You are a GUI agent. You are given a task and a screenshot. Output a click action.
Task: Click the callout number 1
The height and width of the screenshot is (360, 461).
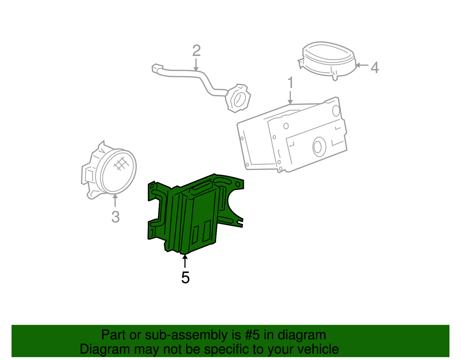290,83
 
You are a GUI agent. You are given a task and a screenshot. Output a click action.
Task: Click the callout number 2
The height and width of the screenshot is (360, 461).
196,50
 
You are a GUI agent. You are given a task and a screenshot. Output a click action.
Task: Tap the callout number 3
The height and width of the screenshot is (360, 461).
115,217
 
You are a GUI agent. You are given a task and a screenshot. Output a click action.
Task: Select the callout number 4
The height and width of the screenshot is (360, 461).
375,67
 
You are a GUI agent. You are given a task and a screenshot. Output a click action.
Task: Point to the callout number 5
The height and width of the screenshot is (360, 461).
185,277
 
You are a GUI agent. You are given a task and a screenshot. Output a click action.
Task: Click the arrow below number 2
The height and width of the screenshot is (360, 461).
196,65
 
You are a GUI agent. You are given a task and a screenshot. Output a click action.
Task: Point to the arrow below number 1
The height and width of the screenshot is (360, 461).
290,97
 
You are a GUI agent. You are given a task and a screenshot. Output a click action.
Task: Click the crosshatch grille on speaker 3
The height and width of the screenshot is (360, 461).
121,163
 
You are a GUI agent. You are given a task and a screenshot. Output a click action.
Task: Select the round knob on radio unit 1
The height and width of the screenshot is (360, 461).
317,146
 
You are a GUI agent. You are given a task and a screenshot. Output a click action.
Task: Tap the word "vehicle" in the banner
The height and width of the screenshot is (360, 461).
315,349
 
